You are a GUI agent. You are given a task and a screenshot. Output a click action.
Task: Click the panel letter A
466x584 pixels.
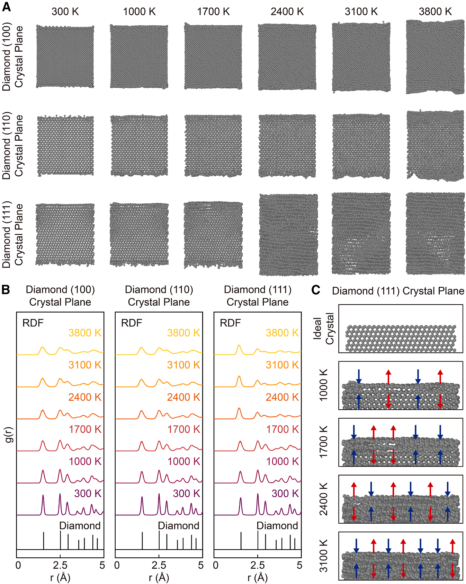click(6, 7)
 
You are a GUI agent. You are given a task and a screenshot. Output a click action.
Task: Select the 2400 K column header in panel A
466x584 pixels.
click(287, 12)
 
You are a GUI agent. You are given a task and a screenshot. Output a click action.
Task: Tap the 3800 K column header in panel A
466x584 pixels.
click(435, 12)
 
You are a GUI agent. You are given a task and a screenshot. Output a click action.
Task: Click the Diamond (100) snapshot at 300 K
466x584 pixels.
click(65, 56)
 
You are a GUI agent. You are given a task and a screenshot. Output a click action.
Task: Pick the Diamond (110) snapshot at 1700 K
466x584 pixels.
click(213, 146)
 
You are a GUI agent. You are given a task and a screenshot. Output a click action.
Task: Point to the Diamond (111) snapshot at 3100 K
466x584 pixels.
click(361, 233)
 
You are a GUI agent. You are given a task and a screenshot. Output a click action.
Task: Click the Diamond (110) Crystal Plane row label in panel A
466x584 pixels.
click(12, 146)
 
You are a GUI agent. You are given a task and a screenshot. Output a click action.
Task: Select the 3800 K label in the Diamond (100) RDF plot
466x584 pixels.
click(85, 333)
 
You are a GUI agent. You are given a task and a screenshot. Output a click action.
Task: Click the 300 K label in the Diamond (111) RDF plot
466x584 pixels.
click(285, 493)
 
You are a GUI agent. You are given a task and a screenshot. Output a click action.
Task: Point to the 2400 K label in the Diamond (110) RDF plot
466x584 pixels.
click(183, 397)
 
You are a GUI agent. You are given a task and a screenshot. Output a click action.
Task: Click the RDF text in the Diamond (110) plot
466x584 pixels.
click(132, 323)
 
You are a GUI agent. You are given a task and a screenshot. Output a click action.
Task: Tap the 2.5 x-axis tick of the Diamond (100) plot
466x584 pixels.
click(60, 565)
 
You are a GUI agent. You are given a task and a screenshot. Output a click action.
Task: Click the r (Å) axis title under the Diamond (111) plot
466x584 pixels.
click(258, 577)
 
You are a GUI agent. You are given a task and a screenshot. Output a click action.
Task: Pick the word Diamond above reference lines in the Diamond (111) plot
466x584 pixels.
click(277, 525)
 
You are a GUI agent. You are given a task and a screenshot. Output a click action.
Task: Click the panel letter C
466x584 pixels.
click(315, 290)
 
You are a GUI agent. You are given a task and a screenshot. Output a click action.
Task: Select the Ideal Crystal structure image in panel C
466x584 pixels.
click(401, 338)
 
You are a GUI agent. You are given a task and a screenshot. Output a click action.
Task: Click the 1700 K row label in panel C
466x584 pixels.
click(323, 442)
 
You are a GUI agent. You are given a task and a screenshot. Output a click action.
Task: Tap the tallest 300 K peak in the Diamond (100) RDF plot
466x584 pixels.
click(43, 496)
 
